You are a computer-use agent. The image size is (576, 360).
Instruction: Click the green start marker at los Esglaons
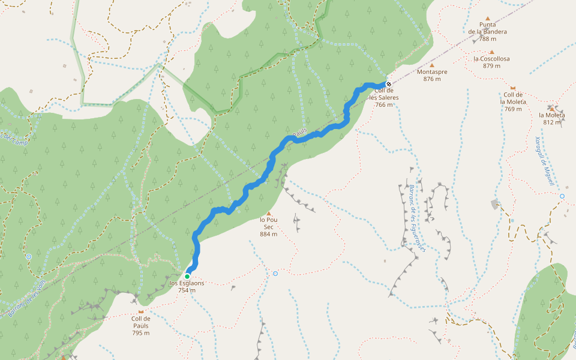pos(187,276)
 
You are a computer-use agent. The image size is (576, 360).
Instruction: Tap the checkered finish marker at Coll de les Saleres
pos(389,84)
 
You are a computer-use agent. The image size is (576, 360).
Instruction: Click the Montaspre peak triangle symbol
pos(431,65)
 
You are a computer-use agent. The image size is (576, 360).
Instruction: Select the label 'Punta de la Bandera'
pos(487,28)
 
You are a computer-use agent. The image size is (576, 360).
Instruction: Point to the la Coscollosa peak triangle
pos(492,52)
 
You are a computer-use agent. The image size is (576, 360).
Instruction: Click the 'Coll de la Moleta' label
pos(513,98)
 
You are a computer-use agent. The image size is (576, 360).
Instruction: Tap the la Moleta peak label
pos(551,115)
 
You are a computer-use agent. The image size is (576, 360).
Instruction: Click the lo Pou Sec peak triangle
pos(269,214)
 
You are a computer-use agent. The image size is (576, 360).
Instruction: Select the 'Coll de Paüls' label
pos(141,322)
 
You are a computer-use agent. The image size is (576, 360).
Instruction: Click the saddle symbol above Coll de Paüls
pos(141,312)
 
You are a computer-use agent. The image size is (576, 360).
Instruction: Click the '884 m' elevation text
pos(268,234)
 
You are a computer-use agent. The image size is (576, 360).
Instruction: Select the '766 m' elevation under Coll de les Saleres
pos(384,104)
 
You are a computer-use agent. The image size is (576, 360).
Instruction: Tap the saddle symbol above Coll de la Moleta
pos(513,88)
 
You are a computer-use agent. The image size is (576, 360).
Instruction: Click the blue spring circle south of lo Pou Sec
pos(275,274)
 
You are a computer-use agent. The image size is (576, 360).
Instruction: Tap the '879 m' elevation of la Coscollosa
pos(491,66)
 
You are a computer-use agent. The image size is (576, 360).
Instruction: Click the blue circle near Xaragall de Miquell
pos(562,196)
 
